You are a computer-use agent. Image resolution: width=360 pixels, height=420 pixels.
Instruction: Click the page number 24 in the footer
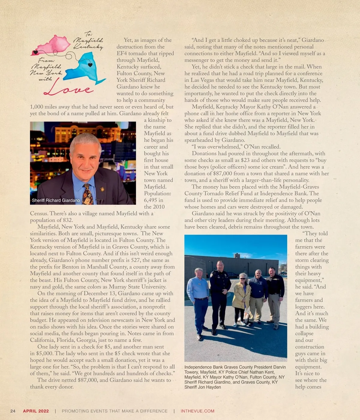pyautogui.click(x=13, y=411)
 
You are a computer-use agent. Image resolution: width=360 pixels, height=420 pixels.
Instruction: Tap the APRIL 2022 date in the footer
pyautogui.click(x=36, y=411)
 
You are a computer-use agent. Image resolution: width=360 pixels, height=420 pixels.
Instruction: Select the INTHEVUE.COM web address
pyautogui.click(x=197, y=411)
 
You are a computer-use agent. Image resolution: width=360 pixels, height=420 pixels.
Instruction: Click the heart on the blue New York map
pyautogui.click(x=90, y=65)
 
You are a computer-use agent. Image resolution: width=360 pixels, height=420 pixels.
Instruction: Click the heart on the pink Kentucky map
pyautogui.click(x=35, y=52)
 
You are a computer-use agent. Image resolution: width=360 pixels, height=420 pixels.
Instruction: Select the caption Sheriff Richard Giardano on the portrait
pyautogui.click(x=56, y=200)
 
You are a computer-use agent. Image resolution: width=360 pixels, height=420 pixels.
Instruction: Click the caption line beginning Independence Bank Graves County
pyautogui.click(x=235, y=367)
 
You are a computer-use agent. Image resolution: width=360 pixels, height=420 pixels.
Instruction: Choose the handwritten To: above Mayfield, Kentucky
pyautogui.click(x=88, y=34)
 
